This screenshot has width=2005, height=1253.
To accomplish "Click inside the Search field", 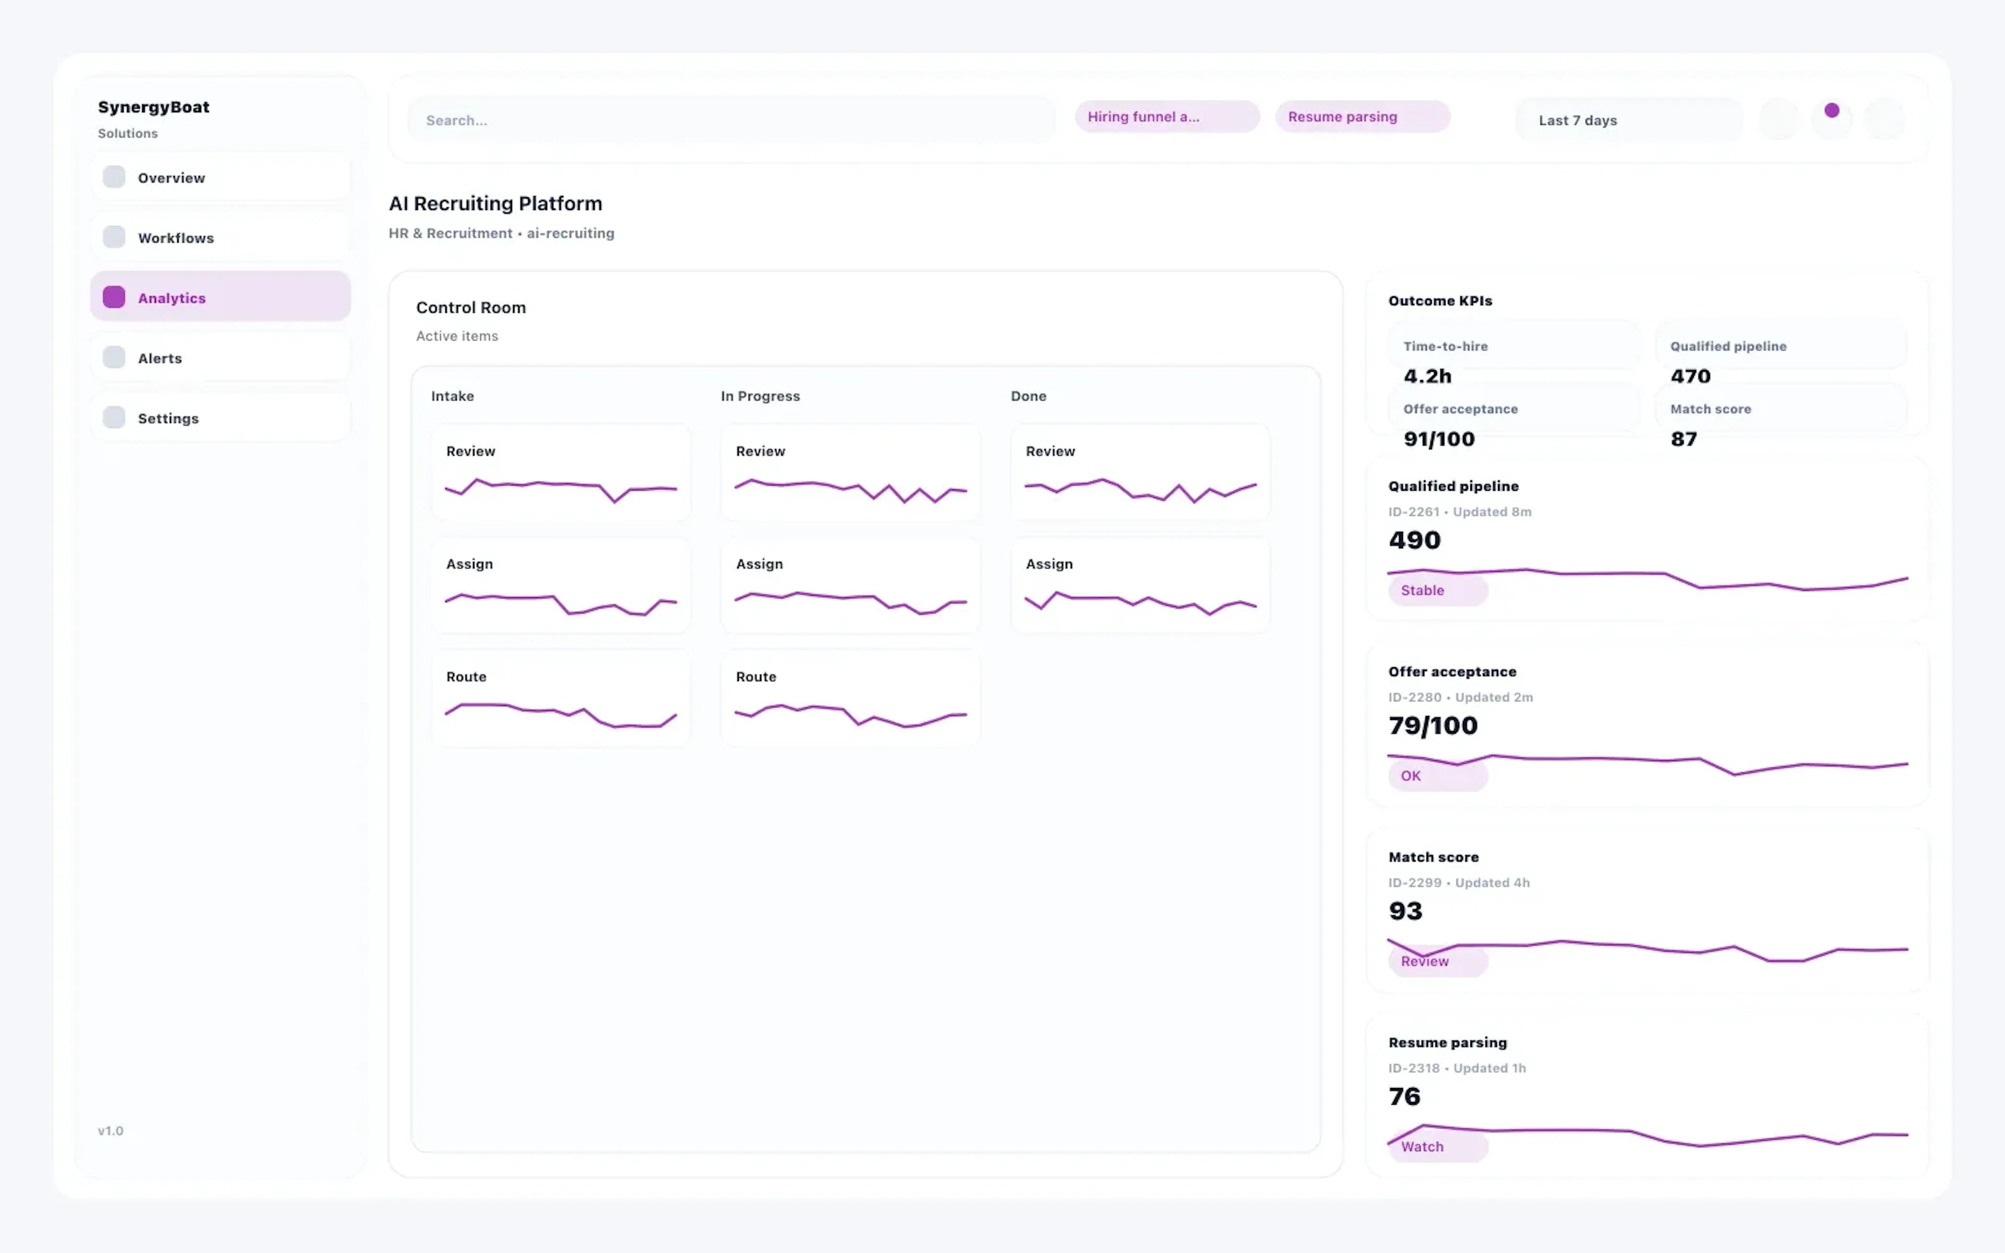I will (729, 120).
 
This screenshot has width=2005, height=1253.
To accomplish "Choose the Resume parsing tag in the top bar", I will (1361, 117).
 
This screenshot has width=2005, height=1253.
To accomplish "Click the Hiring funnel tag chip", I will (1166, 117).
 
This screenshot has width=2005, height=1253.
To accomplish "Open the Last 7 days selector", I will (1627, 120).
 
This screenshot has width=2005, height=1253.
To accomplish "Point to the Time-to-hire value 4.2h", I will (1426, 376).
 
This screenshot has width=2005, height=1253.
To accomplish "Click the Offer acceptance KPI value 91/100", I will (1438, 439).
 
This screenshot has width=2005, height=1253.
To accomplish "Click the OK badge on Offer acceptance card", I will (1436, 776).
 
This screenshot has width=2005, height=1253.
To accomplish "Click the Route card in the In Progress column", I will (850, 698).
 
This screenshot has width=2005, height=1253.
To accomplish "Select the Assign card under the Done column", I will (1140, 585).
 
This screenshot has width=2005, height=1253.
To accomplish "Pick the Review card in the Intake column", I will (561, 472).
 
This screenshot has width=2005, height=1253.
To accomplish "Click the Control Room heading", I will (470, 308).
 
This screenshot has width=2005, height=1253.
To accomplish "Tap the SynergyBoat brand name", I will (154, 107).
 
